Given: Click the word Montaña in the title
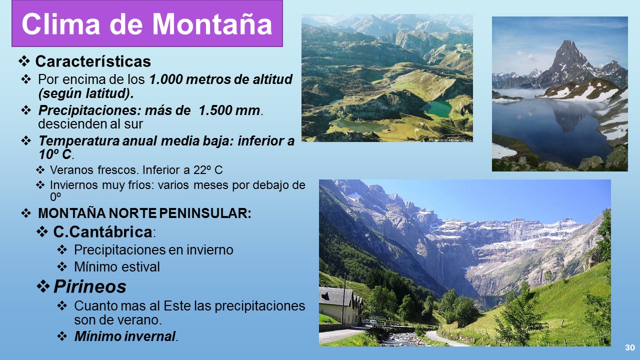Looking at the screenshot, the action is pyautogui.click(x=212, y=24).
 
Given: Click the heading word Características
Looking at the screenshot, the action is pyautogui.click(x=93, y=61).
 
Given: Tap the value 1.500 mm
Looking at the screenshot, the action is pyautogui.click(x=229, y=110).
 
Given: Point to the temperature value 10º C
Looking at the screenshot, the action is pyautogui.click(x=55, y=154).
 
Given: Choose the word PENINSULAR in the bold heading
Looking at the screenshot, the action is pyautogui.click(x=205, y=213).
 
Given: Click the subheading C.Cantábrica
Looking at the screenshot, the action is pyautogui.click(x=102, y=231).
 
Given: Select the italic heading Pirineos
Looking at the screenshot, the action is pyautogui.click(x=89, y=286).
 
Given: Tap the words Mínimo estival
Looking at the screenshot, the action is pyautogui.click(x=117, y=267).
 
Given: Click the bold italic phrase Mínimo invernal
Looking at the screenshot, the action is pyautogui.click(x=125, y=336).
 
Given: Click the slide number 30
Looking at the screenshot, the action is pyautogui.click(x=630, y=347).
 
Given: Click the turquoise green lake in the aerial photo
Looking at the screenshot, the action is pyautogui.click(x=435, y=109).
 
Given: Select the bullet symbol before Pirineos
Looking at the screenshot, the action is pyautogui.click(x=43, y=286).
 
